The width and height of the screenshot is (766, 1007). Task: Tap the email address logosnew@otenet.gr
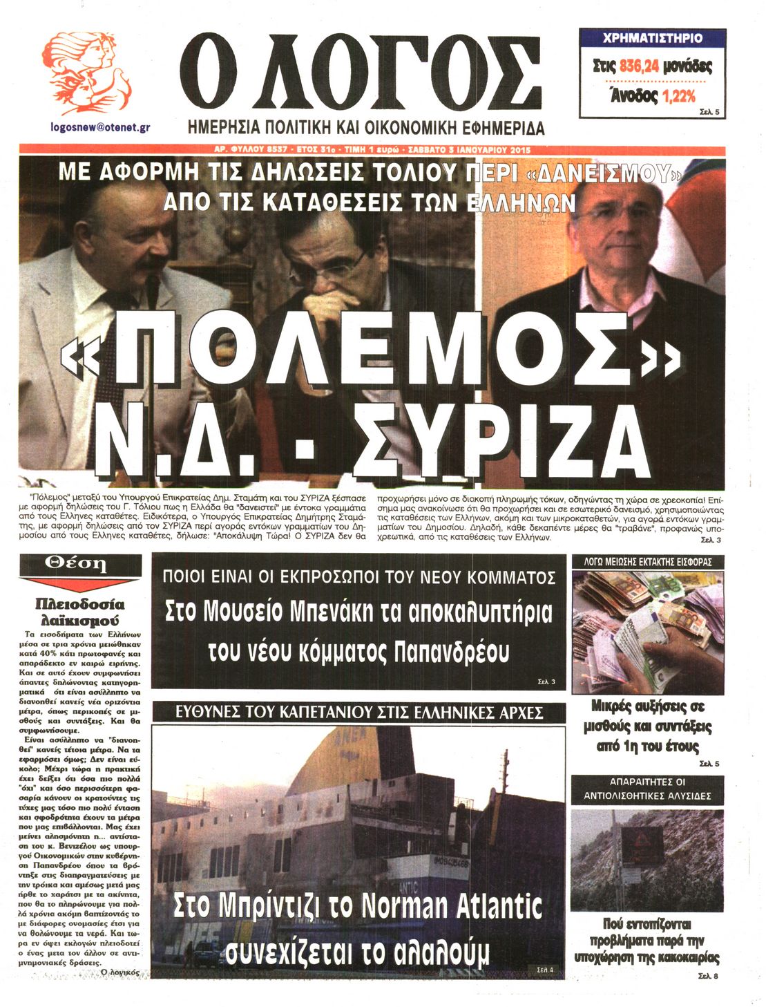[101, 127]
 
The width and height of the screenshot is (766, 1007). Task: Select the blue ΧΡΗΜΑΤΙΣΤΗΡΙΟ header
[652, 38]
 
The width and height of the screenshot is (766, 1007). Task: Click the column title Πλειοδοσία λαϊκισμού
[80, 611]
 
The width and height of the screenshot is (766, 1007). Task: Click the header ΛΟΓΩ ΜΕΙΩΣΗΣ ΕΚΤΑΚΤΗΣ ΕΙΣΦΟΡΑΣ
[647, 562]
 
